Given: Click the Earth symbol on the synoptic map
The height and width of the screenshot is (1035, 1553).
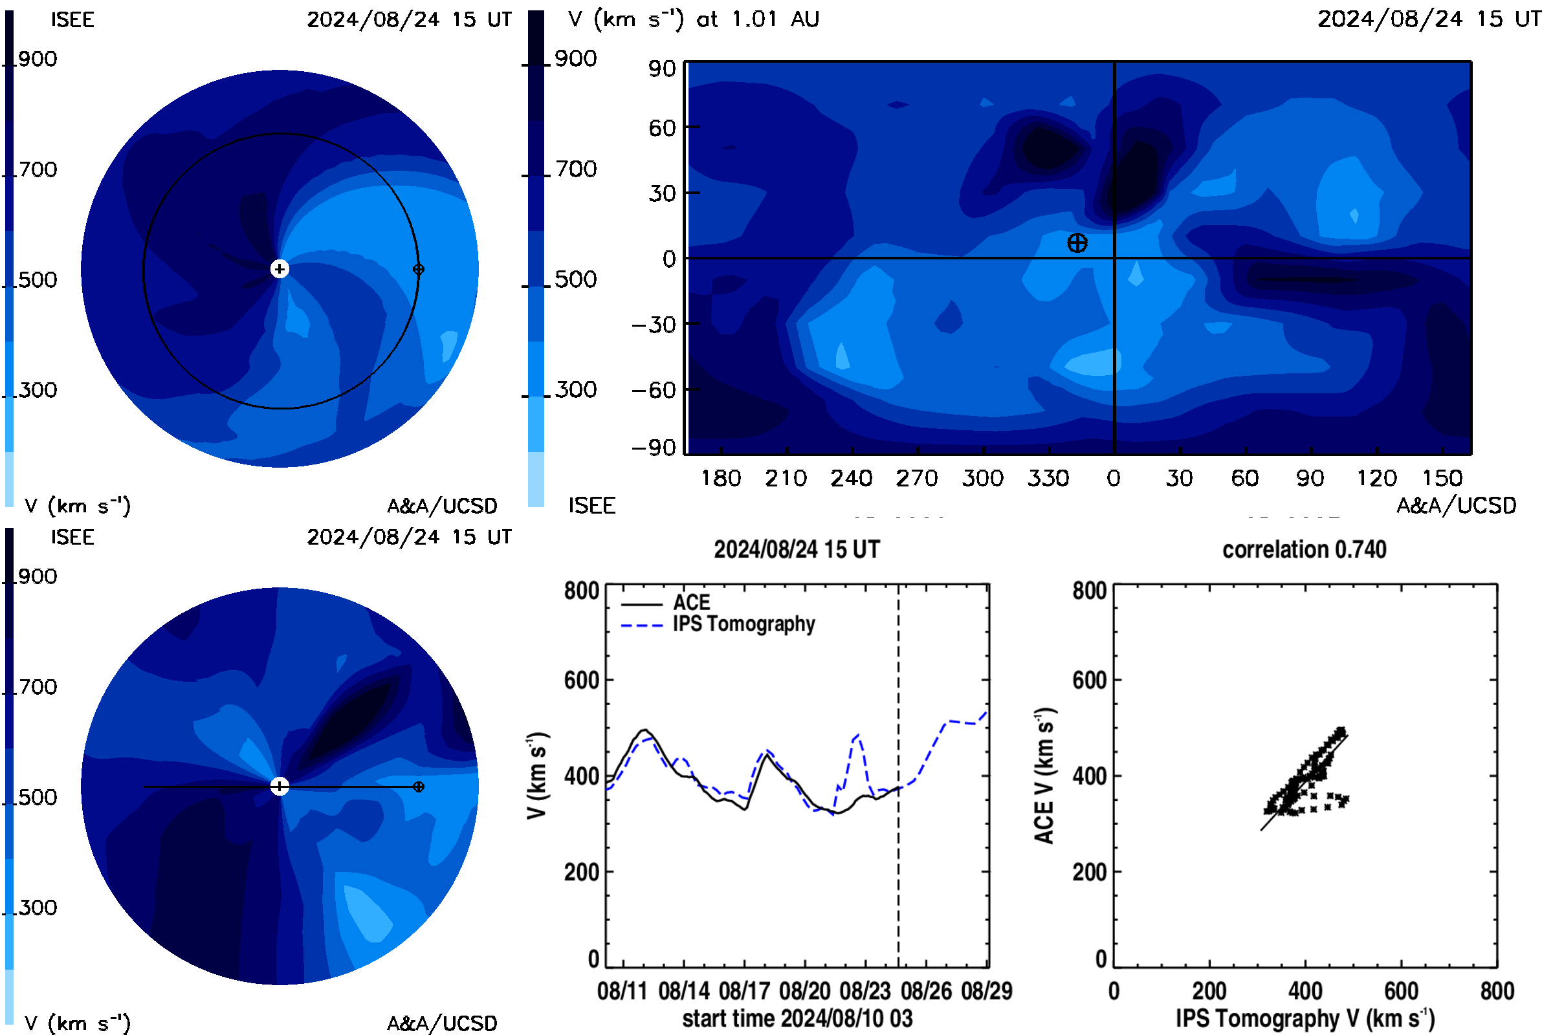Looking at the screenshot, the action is [1077, 243].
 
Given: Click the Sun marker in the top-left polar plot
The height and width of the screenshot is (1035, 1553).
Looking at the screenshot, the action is [280, 268].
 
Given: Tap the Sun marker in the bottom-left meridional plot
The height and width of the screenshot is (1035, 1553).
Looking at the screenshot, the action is [280, 786].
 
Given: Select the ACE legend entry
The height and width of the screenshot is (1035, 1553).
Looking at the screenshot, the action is [666, 603].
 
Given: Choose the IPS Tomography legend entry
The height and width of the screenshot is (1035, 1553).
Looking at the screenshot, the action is [718, 624].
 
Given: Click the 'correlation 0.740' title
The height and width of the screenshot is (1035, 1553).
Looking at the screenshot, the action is [1304, 549].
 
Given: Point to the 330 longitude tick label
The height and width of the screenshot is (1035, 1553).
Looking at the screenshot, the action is [1047, 478].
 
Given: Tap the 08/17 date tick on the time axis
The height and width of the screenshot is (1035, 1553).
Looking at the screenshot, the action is [744, 991].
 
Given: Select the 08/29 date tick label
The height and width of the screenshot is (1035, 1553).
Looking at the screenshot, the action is [986, 991].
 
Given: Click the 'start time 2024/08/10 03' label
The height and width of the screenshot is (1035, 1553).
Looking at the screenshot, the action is [797, 1018].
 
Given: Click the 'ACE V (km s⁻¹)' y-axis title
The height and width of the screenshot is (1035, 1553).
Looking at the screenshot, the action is [1044, 776].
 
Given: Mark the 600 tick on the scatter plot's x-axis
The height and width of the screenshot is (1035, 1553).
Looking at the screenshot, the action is [1401, 991].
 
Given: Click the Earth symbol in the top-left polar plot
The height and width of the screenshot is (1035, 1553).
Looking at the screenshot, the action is [418, 268].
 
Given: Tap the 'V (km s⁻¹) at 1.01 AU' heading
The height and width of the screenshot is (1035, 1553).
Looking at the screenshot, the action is [693, 19].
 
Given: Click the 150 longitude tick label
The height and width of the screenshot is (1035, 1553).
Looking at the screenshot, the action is [1442, 478].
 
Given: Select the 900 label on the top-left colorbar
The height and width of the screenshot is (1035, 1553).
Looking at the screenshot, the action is [38, 59].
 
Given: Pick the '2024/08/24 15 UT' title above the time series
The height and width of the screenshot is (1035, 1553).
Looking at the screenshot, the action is [797, 549].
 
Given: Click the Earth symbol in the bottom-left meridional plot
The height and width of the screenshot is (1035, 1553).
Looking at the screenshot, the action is [418, 786].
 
